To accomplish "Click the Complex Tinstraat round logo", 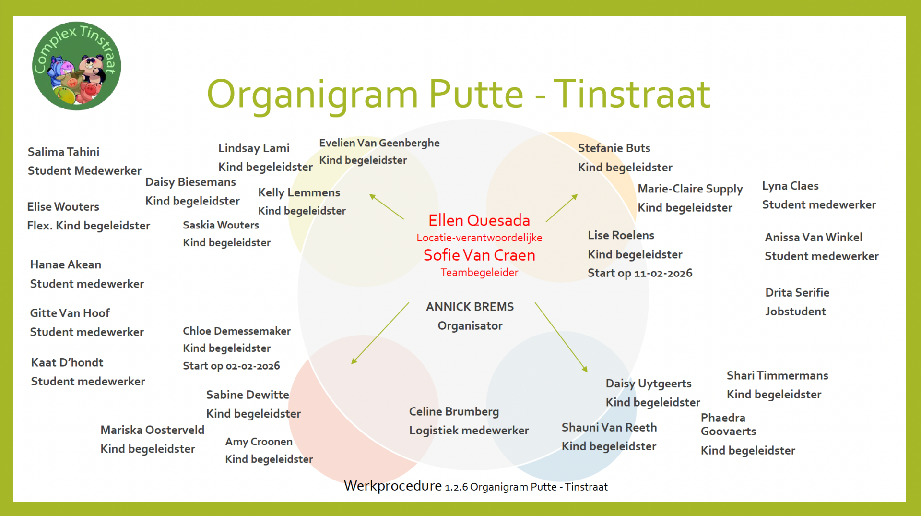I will pyautogui.click(x=77, y=66).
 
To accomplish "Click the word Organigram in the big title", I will pyautogui.click(x=312, y=95).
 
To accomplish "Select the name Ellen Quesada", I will pyautogui.click(x=479, y=220).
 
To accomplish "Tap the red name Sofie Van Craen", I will pyautogui.click(x=479, y=255).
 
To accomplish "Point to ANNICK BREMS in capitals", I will pyautogui.click(x=470, y=307).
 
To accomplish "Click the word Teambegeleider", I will pyautogui.click(x=479, y=273).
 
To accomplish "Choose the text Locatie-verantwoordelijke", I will pyautogui.click(x=479, y=238).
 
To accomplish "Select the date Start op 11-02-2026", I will pyautogui.click(x=640, y=273).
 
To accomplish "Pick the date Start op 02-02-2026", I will pyautogui.click(x=231, y=366).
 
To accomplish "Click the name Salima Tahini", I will pyautogui.click(x=63, y=152).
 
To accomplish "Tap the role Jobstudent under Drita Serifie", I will pyautogui.click(x=795, y=312).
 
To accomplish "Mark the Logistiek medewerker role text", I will pyautogui.click(x=469, y=431).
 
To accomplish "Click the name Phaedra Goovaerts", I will pyautogui.click(x=728, y=424).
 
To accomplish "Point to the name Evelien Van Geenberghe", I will pyautogui.click(x=379, y=143).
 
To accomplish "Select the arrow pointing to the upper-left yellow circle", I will pyautogui.click(x=386, y=207).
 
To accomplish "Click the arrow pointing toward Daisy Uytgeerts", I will pyautogui.click(x=561, y=337).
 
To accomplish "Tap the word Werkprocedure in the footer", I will pyautogui.click(x=393, y=486).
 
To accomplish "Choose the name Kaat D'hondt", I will pyautogui.click(x=67, y=362).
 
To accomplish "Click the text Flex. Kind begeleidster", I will pyautogui.click(x=88, y=226).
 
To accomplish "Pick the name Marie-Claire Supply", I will pyautogui.click(x=690, y=189).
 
